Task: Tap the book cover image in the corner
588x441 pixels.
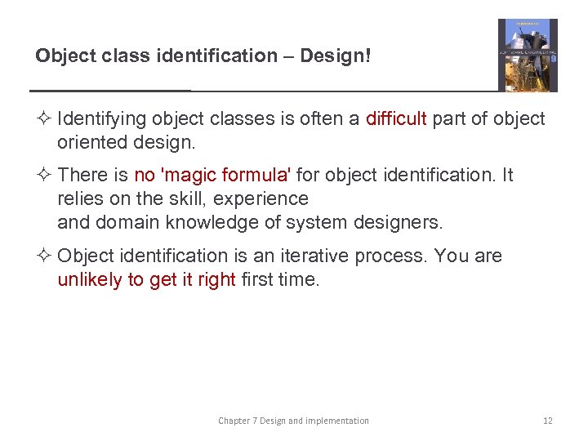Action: point(528,55)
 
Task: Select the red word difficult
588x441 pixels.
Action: point(396,119)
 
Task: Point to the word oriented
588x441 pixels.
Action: point(90,143)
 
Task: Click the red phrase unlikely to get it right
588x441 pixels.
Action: point(147,280)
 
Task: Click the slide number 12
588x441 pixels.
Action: point(548,421)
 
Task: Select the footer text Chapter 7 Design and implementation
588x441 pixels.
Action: point(293,421)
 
